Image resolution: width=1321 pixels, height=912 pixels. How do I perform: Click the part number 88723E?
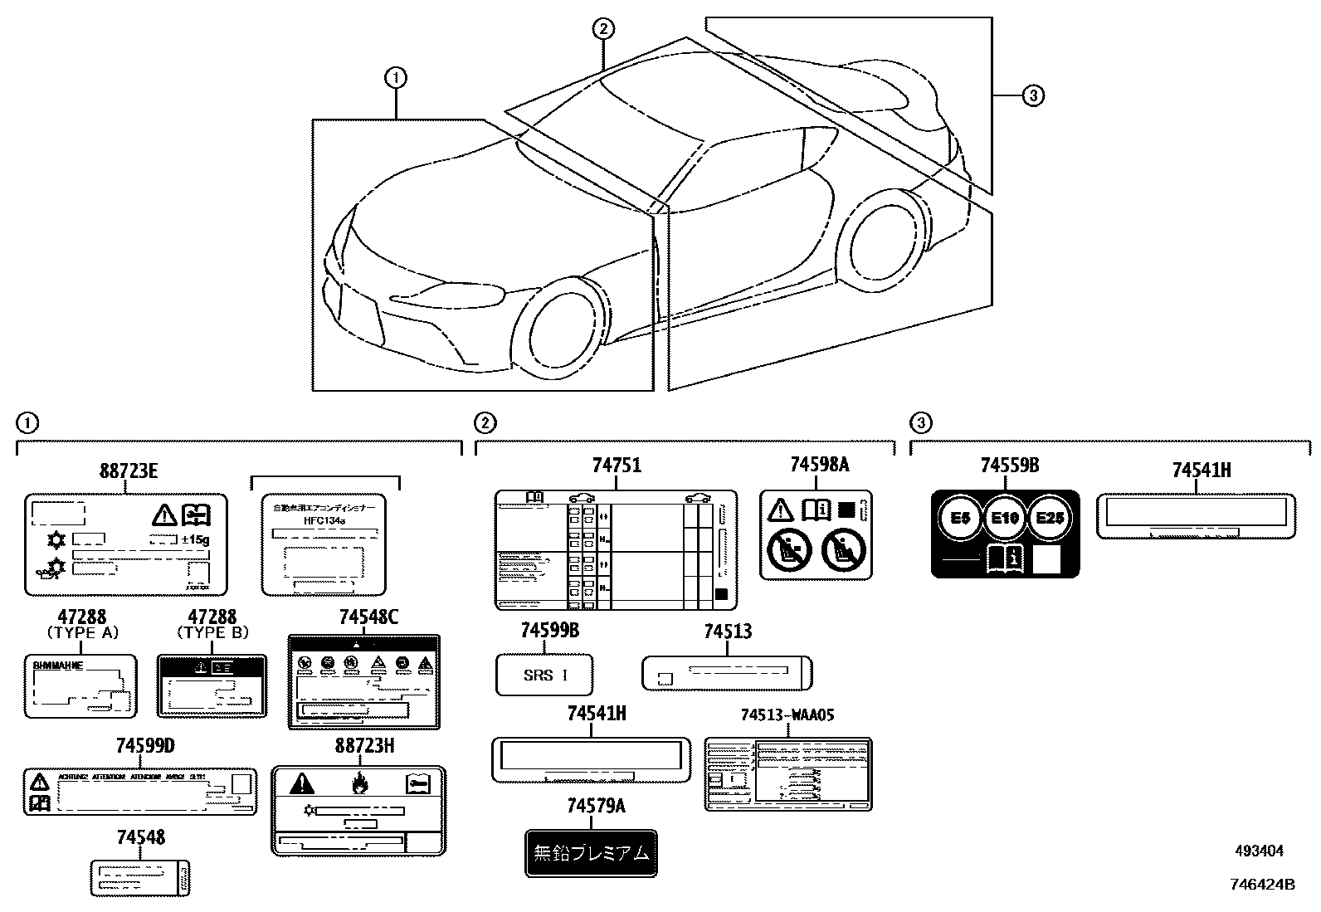coord(128,472)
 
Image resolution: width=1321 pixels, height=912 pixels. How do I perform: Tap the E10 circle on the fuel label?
coord(1004,518)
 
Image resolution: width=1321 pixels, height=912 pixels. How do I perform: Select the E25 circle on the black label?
coord(1050,518)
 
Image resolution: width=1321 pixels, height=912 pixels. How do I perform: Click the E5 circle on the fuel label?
coord(959,518)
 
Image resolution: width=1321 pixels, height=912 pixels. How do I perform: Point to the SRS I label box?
coord(544,675)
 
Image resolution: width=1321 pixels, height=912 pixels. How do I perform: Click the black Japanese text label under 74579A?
coord(591,853)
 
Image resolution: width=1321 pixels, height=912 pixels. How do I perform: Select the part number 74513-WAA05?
coord(787,714)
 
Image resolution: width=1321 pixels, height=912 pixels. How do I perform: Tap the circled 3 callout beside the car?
coord(1032,96)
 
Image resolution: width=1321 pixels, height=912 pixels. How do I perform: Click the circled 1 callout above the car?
coord(396,78)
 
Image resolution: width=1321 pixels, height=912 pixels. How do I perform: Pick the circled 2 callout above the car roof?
coord(602,29)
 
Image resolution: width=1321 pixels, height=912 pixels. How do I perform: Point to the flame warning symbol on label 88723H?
coord(358,783)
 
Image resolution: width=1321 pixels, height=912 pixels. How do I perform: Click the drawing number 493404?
coord(1259,851)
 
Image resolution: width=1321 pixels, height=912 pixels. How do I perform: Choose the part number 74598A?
coord(819,464)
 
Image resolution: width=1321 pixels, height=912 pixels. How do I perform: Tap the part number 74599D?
coord(145,746)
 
